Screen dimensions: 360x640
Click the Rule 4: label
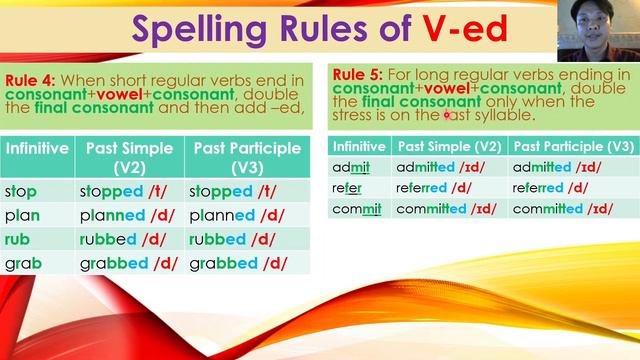31,79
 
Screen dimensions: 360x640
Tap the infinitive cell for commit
359,208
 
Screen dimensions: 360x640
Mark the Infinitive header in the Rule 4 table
37,147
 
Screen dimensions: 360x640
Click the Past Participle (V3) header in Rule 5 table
570,146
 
